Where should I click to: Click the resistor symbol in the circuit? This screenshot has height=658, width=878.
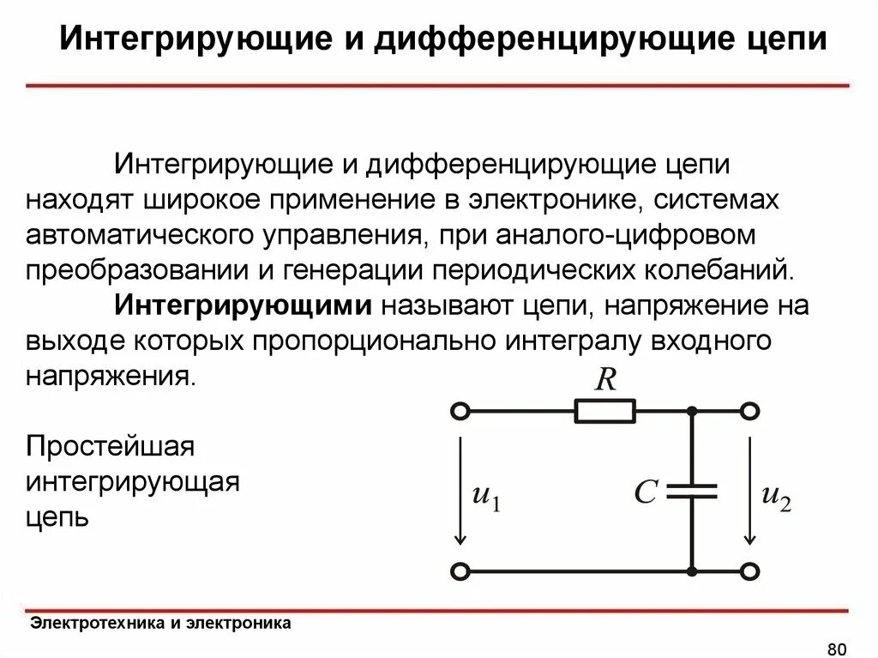(x=605, y=412)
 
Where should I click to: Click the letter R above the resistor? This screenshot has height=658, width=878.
(x=606, y=378)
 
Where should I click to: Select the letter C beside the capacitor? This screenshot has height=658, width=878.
(x=645, y=492)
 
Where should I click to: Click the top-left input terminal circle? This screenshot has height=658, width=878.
(x=460, y=412)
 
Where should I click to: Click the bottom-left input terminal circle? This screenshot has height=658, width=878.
(x=460, y=570)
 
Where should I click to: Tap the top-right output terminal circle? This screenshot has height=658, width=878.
(x=750, y=412)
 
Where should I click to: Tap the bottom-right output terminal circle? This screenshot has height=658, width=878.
(x=750, y=570)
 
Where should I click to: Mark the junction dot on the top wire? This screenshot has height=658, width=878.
(x=692, y=412)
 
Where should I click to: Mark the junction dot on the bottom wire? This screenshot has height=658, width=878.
(x=692, y=570)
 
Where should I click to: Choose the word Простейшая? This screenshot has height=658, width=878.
(x=111, y=447)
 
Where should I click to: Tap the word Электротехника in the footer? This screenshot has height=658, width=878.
(x=96, y=624)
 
